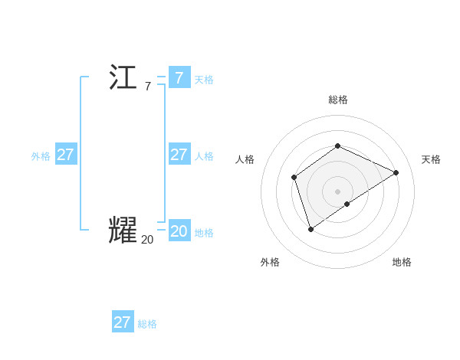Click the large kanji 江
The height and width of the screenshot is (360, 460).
coord(123,78)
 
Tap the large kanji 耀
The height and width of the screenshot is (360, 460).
coord(123,231)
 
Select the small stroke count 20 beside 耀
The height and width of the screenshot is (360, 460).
coord(147,240)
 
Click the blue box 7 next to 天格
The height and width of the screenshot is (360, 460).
coord(179,78)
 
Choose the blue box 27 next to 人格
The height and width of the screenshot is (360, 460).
coord(179,155)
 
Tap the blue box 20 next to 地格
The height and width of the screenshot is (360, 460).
coord(179,231)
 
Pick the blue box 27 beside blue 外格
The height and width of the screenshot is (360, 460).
coord(65,155)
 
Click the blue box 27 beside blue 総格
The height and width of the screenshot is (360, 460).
coord(122,322)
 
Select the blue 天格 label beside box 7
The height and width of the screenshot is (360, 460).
coord(204,80)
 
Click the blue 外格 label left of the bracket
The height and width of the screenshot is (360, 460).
coord(41,156)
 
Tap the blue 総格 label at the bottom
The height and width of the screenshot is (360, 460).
coord(147,324)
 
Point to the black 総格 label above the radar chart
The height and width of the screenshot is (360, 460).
coord(337,100)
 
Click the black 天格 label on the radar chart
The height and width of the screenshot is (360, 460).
coord(431,159)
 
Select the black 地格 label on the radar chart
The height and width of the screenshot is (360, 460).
coord(402,262)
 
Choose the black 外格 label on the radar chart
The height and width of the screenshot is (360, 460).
coord(270,262)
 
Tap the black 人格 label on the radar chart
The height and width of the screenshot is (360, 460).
coord(245,159)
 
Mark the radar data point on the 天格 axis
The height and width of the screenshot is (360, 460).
coord(396,172)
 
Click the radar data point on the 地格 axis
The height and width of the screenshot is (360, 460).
coord(347,204)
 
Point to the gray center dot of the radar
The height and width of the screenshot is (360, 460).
coord(337,191)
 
